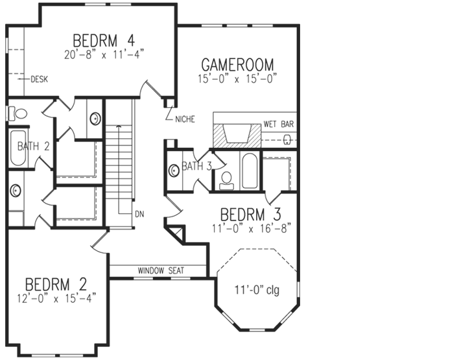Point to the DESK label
click(x=40, y=79)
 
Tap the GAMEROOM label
click(x=237, y=65)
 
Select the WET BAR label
click(x=279, y=124)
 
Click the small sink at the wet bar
click(x=288, y=138)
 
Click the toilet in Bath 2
click(x=19, y=114)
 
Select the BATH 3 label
click(x=196, y=166)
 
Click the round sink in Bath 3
click(x=174, y=171)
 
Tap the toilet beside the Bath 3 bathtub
click(x=226, y=178)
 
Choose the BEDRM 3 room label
click(x=250, y=214)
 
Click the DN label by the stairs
click(x=139, y=213)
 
